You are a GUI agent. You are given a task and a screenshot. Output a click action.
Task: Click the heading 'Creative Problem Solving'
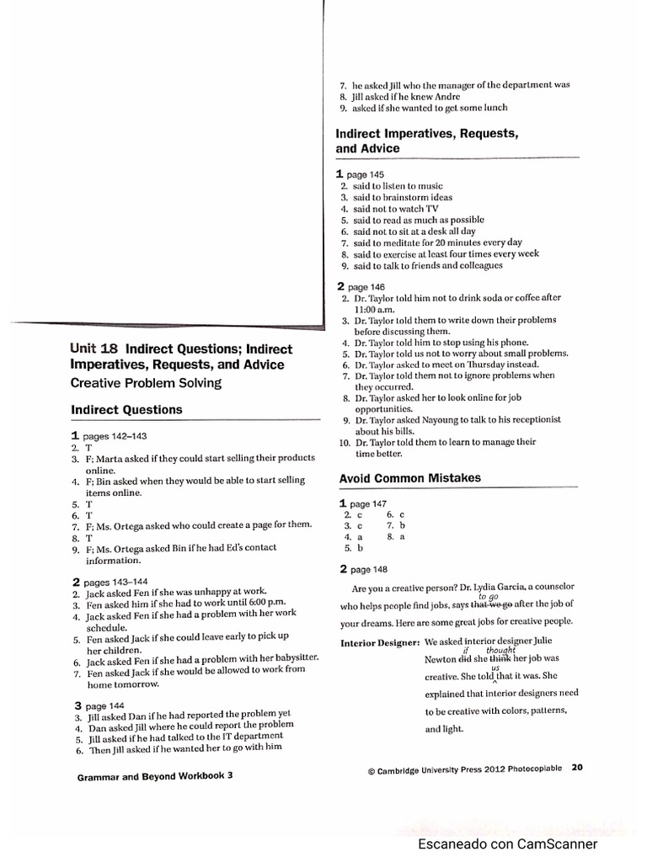[x=146, y=383]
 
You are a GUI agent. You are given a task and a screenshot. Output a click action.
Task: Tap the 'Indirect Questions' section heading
[x=126, y=410]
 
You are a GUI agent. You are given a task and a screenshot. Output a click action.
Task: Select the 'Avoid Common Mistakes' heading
[x=410, y=478]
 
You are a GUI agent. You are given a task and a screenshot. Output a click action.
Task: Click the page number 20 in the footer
[x=577, y=767]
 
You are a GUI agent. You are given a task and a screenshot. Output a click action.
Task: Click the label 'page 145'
[x=365, y=174]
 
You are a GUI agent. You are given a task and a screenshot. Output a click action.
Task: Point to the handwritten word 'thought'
[x=500, y=650]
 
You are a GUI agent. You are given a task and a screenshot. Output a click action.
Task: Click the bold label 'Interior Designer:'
[x=380, y=644]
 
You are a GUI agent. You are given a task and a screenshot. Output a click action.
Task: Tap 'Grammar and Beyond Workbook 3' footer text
[x=155, y=777]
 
